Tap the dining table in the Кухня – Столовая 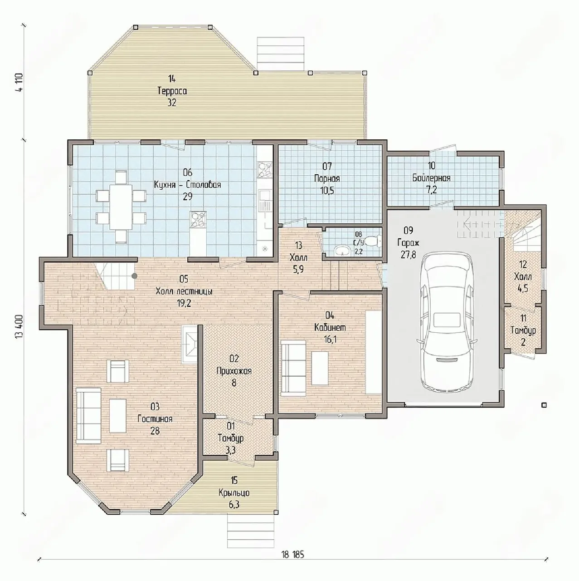[121, 207]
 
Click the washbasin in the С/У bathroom [342, 250]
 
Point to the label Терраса [172, 91]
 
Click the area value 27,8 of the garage [408, 255]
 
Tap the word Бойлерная [431, 178]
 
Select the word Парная [327, 178]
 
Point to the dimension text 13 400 [19, 330]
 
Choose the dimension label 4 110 [19, 83]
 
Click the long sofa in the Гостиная [88, 416]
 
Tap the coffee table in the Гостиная [117, 416]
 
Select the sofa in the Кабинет [293, 368]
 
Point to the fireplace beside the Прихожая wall [189, 345]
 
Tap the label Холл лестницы [184, 291]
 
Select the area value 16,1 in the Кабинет [330, 340]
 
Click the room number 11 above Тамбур [523, 318]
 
